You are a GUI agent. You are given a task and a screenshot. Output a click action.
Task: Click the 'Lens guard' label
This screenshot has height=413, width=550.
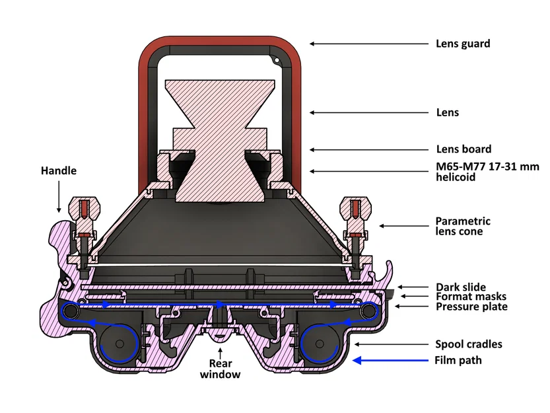point(462,44)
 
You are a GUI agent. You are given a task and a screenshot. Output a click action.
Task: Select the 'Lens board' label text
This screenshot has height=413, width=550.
point(464,149)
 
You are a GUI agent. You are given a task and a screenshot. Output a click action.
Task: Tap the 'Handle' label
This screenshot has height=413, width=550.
point(59,170)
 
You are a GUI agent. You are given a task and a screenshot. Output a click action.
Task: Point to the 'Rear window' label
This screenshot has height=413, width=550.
point(222,369)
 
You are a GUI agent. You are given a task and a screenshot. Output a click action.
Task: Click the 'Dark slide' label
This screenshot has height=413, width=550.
point(460,287)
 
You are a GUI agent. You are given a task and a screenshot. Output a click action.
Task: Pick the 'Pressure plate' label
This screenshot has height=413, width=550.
point(471,307)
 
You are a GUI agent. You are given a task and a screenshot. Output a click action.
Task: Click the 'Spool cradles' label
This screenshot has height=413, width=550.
point(469,344)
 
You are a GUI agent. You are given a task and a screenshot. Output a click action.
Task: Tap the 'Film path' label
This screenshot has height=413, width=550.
point(458,361)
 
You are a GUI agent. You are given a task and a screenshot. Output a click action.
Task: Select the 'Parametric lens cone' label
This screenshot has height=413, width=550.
point(463,226)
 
